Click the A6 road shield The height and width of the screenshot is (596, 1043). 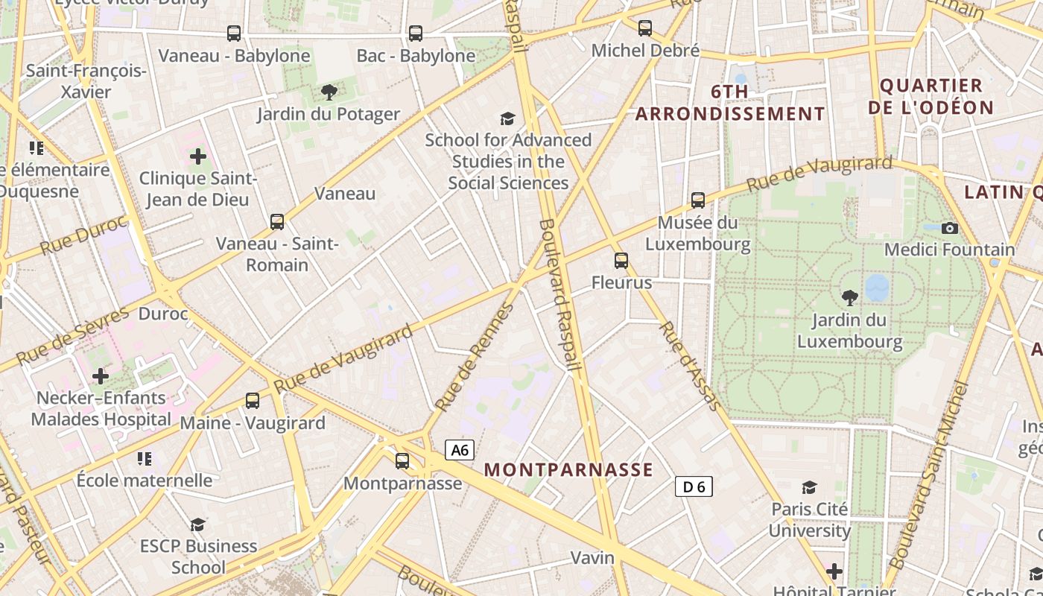(460, 450)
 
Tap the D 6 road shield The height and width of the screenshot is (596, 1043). (694, 486)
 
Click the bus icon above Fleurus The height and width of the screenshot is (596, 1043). (621, 261)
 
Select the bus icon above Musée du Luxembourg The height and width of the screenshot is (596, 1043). (697, 200)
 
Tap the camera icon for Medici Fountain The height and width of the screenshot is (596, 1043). (950, 228)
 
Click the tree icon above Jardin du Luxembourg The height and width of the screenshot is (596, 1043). (849, 299)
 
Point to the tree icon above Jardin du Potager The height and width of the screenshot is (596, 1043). (329, 92)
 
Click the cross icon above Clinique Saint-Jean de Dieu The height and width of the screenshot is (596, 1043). (198, 156)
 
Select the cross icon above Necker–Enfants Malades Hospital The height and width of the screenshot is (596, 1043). (100, 376)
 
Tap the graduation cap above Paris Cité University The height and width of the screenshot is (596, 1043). (809, 488)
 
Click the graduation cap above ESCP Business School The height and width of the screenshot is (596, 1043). (197, 524)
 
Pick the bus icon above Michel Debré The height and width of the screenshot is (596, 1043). (645, 28)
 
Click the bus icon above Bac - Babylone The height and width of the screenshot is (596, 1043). (416, 34)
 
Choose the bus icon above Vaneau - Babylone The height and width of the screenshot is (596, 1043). (234, 34)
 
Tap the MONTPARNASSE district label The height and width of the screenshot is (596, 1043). (568, 470)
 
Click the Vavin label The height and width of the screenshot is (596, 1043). (592, 557)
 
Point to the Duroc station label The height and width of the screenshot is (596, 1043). (163, 314)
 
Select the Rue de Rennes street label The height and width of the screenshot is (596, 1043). (475, 358)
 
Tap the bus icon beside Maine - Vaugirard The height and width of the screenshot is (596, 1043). (253, 401)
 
